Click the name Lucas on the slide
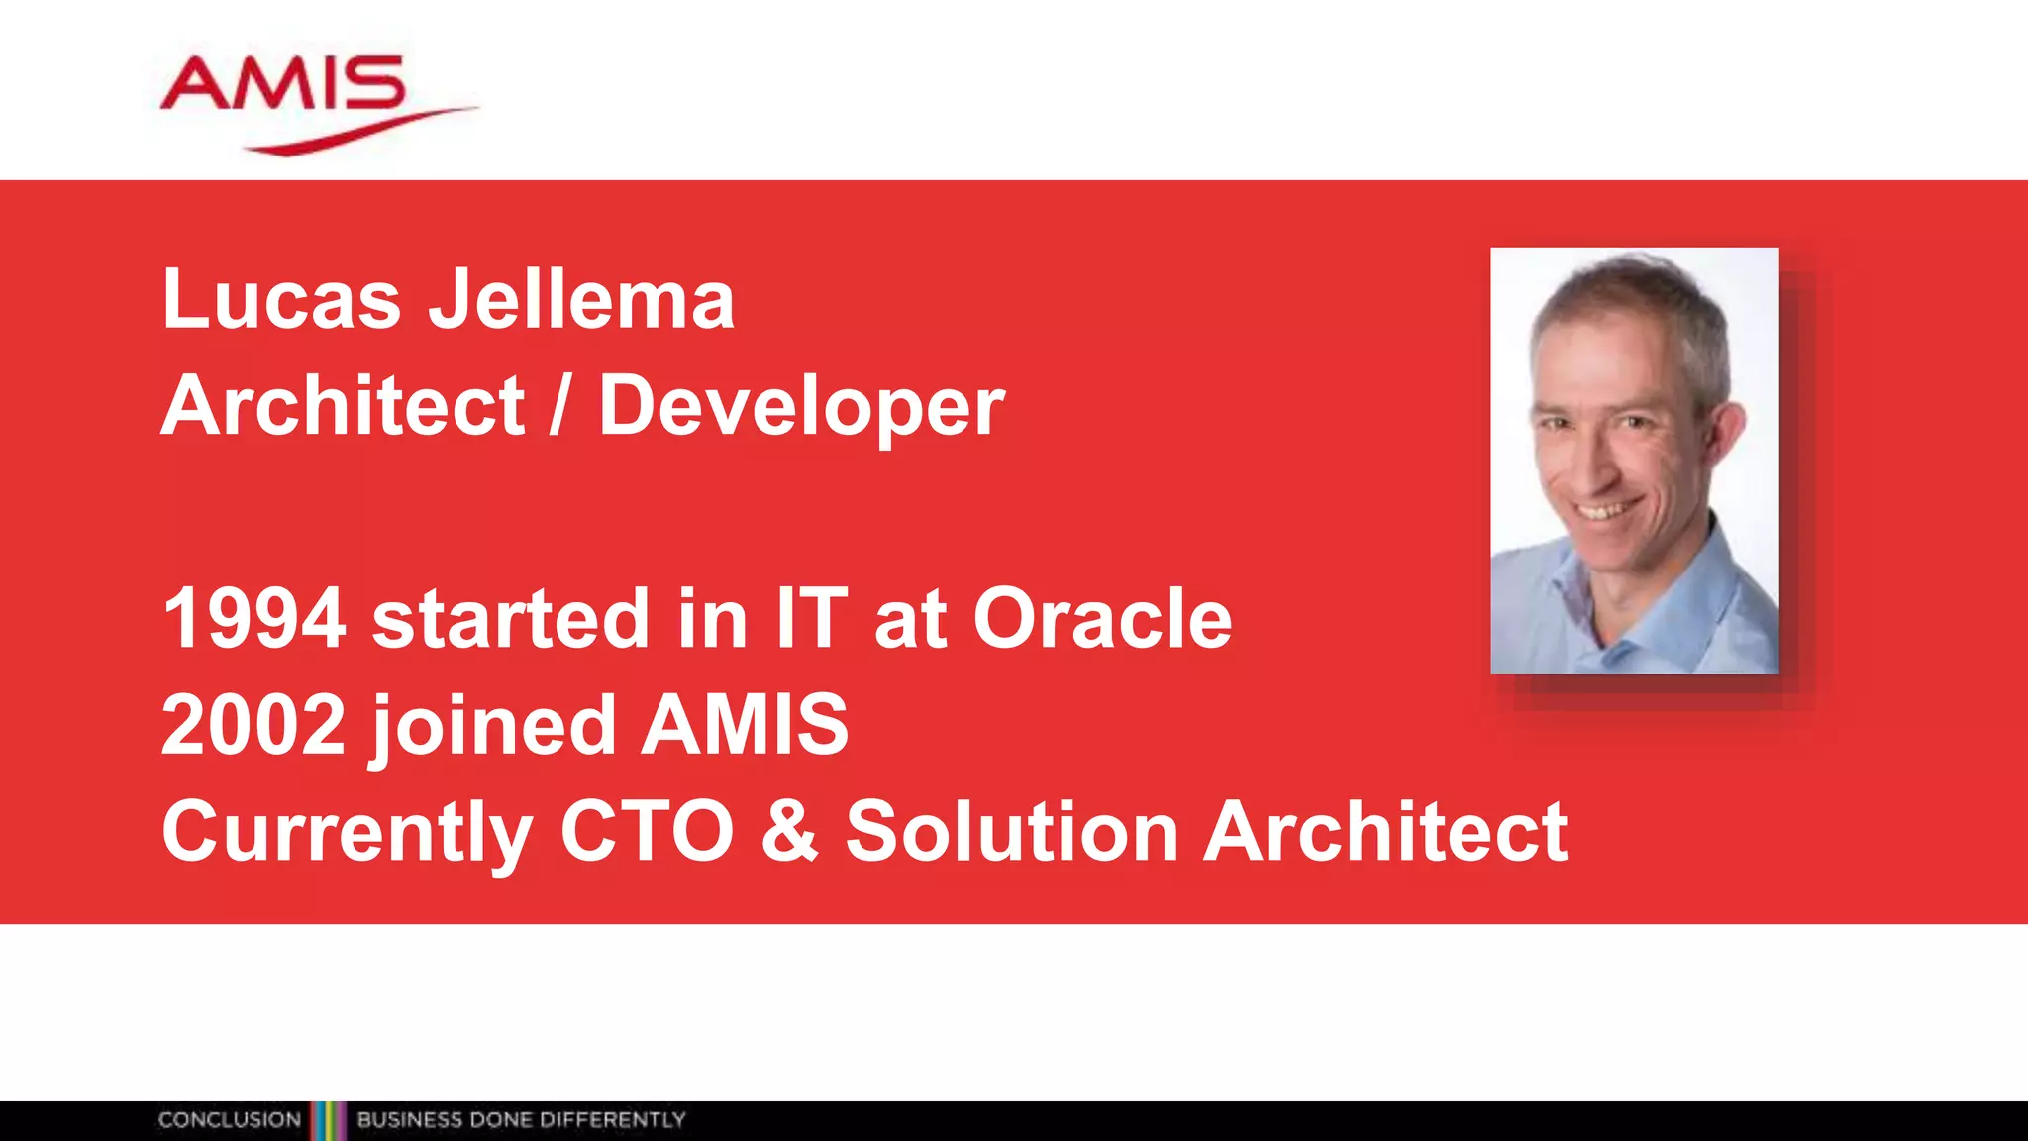(281, 299)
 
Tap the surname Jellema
(581, 299)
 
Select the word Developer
(801, 406)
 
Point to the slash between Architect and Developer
(560, 406)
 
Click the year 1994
(253, 619)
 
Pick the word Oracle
(1102, 619)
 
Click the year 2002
(253, 725)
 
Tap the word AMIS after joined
(745, 725)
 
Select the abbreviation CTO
(647, 832)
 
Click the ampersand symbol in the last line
(789, 832)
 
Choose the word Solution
(1011, 832)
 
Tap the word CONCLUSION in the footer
(230, 1120)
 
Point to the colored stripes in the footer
(329, 1120)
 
